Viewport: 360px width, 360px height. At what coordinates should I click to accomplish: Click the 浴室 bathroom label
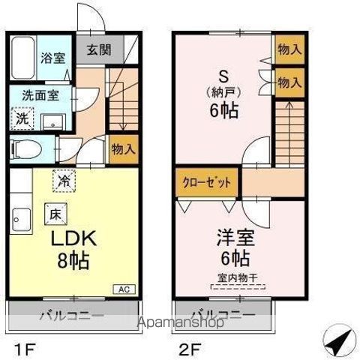pyautogui.click(x=51, y=56)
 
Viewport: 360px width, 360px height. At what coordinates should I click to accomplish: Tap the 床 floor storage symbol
pyautogui.click(x=54, y=212)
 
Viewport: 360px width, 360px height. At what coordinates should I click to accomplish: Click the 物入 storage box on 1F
pyautogui.click(x=123, y=148)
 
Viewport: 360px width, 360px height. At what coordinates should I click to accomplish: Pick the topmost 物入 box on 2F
pyautogui.click(x=289, y=49)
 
